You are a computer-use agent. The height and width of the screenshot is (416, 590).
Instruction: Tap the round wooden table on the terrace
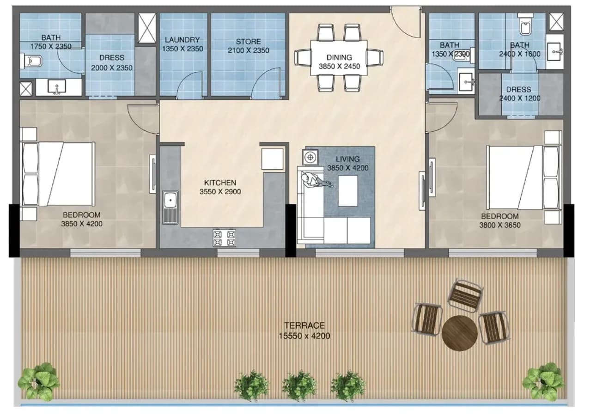point(460,333)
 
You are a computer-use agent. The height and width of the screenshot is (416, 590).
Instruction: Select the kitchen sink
point(170,207)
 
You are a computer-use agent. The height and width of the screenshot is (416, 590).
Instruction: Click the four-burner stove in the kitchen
point(225,238)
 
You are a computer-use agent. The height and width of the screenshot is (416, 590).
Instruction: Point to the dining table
point(339,58)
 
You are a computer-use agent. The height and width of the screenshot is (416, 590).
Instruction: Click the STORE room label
point(248,42)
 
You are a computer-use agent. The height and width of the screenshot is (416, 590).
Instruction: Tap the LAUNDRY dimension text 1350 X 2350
point(182,49)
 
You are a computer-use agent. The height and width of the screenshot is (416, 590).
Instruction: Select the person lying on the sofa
point(316,181)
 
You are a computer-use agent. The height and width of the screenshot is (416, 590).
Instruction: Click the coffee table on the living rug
point(348,191)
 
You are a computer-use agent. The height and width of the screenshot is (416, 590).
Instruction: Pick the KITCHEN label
point(220,183)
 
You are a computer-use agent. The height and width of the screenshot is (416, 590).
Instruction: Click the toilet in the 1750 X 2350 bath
point(31,61)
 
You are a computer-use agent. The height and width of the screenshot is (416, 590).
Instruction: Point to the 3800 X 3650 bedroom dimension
point(499,225)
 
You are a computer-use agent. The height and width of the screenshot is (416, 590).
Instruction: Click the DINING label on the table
point(339,57)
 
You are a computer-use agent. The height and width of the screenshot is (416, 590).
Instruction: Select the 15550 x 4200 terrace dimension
point(304,336)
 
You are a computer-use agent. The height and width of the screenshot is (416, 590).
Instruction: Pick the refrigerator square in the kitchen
point(272,159)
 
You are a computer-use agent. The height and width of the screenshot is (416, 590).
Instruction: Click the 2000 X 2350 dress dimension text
point(112,68)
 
